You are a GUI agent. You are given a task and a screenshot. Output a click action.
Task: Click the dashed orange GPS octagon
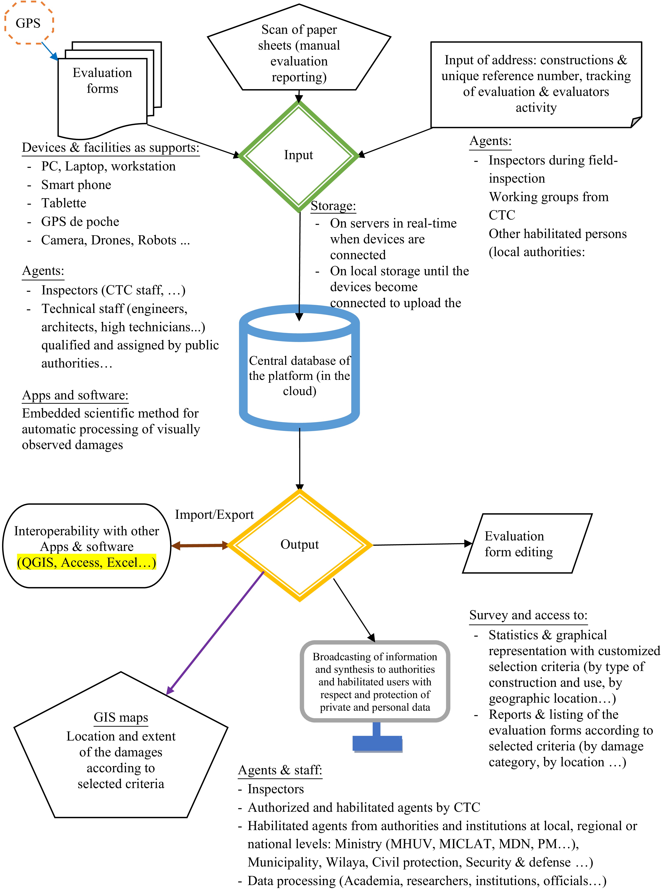[x=28, y=23]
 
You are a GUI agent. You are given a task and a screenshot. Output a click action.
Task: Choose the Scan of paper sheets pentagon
[x=299, y=52]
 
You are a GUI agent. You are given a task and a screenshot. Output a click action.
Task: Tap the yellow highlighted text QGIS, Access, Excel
[x=86, y=562]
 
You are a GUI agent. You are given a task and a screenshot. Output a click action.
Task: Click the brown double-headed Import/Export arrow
[x=200, y=546]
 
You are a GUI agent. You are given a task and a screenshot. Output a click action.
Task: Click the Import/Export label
[x=214, y=515]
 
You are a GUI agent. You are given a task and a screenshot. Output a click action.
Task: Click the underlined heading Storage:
[x=333, y=206]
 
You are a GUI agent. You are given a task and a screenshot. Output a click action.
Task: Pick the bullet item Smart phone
[x=76, y=185]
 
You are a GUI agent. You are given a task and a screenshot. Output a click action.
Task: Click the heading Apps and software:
[x=75, y=395]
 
